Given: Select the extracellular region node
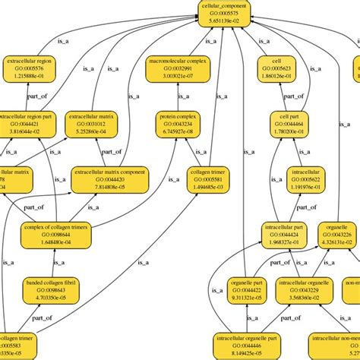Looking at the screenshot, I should tap(31, 67).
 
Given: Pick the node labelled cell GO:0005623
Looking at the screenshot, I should tap(276, 68).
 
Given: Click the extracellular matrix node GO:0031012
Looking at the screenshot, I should tap(93, 124).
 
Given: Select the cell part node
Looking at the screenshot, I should tap(279, 124).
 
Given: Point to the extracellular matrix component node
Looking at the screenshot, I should tap(109, 179).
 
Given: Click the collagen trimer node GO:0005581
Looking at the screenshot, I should tap(206, 179).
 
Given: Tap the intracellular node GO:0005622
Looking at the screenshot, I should tap(307, 179).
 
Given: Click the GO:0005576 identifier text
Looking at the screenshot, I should tap(31, 68).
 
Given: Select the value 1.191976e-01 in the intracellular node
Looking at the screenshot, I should tap(307, 187).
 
